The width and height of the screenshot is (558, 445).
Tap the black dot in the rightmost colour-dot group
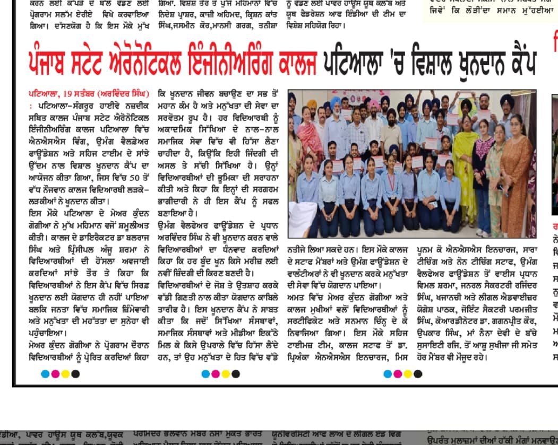pos(418,374)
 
